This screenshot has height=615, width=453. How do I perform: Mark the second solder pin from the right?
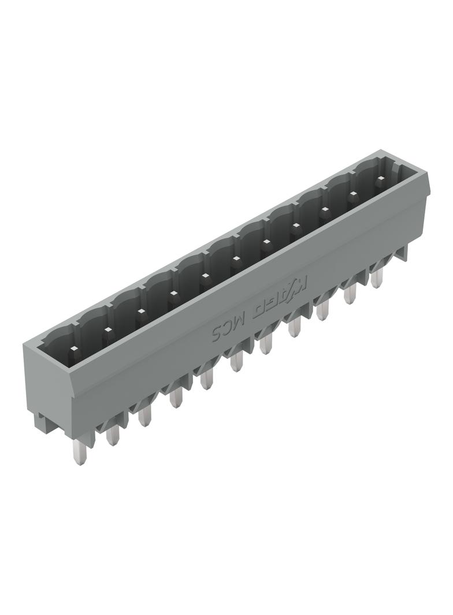pyautogui.click(x=350, y=294)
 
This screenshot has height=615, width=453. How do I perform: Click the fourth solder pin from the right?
pyautogui.click(x=295, y=328)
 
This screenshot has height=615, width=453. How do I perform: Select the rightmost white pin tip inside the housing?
pyautogui.click(x=379, y=179)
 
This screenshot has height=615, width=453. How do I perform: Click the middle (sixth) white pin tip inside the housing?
pyautogui.click(x=235, y=258)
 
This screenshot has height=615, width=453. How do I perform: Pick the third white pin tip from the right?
pyautogui.click(x=325, y=209)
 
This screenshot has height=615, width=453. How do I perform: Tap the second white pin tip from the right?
pyautogui.click(x=352, y=194)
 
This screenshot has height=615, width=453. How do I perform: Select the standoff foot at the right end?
pyautogui.click(x=402, y=252)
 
